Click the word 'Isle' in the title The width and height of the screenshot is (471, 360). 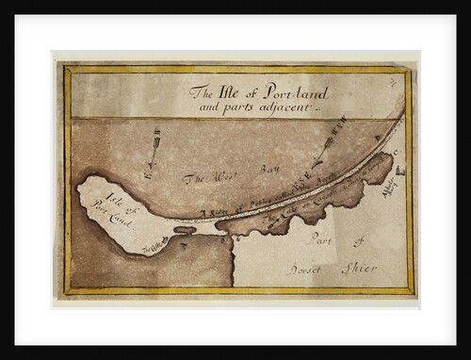231,92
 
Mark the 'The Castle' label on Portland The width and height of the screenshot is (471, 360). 155,245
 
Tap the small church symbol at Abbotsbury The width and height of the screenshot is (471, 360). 399,170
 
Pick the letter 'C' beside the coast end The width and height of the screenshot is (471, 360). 397,149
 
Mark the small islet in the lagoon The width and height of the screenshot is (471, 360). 185,229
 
